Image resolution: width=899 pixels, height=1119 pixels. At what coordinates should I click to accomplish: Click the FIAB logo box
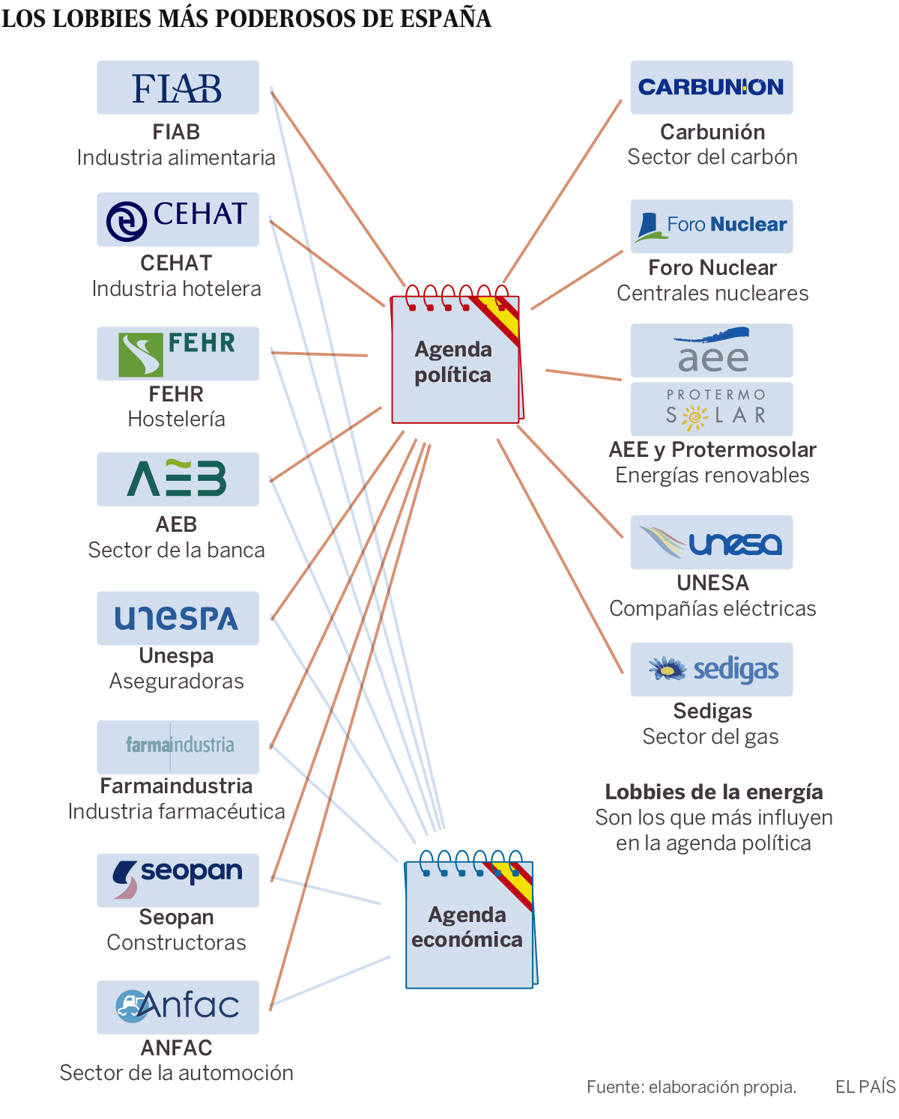178,88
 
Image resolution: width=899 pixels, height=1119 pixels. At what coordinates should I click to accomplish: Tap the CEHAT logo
178,219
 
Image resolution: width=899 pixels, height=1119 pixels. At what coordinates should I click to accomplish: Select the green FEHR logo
178,354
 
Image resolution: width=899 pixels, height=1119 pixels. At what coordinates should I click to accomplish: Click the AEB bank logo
178,479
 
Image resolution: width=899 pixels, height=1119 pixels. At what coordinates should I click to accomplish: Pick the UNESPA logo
178,619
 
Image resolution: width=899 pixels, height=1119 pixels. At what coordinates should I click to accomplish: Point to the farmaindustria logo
178,747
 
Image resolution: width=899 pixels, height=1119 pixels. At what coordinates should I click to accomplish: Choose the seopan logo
178,880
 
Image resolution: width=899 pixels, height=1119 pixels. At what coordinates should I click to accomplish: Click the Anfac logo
178,1007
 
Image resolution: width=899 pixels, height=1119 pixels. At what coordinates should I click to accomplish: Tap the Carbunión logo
711,88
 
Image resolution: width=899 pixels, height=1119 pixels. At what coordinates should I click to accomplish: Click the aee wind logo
711,351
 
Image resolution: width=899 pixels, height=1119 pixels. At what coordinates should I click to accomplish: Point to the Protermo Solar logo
711,409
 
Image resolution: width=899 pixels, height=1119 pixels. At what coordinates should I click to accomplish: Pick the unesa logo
711,542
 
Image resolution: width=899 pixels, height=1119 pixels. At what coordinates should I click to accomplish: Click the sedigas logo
711,670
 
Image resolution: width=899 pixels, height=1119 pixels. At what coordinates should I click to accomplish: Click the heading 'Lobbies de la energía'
713,792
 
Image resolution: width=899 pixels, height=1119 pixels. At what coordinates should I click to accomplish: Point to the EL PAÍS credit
865,1087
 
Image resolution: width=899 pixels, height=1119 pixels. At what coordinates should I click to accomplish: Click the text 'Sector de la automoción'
177,1073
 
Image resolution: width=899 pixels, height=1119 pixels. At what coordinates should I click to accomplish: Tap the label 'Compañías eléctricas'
712,608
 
